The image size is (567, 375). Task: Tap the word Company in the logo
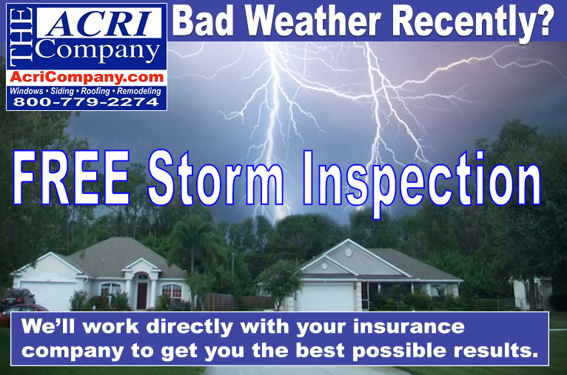tap(98, 51)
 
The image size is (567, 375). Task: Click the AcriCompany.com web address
tap(87, 77)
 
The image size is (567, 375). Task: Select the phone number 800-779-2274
tap(86, 102)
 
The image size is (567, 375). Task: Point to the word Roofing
tap(95, 91)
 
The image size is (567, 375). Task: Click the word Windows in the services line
tap(27, 91)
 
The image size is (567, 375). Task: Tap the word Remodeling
tap(139, 91)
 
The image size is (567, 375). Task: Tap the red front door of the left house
tap(142, 295)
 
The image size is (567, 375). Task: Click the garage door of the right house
tap(326, 297)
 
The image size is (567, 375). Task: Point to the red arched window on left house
tap(172, 291)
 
